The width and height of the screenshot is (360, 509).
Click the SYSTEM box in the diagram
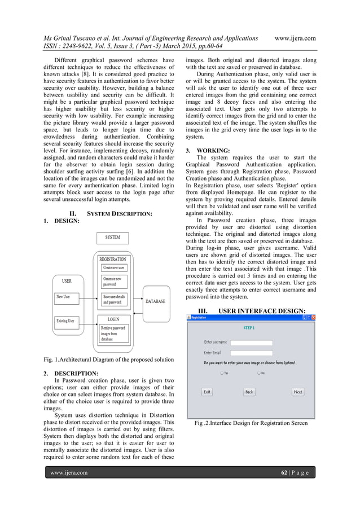click(116, 238)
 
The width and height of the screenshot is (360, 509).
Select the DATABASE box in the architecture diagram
click(155, 301)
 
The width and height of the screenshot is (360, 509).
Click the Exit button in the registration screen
click(207, 392)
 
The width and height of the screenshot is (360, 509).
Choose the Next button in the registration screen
click(298, 392)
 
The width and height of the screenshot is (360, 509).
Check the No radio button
click(258, 372)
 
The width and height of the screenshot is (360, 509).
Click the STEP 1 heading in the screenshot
click(249, 327)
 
